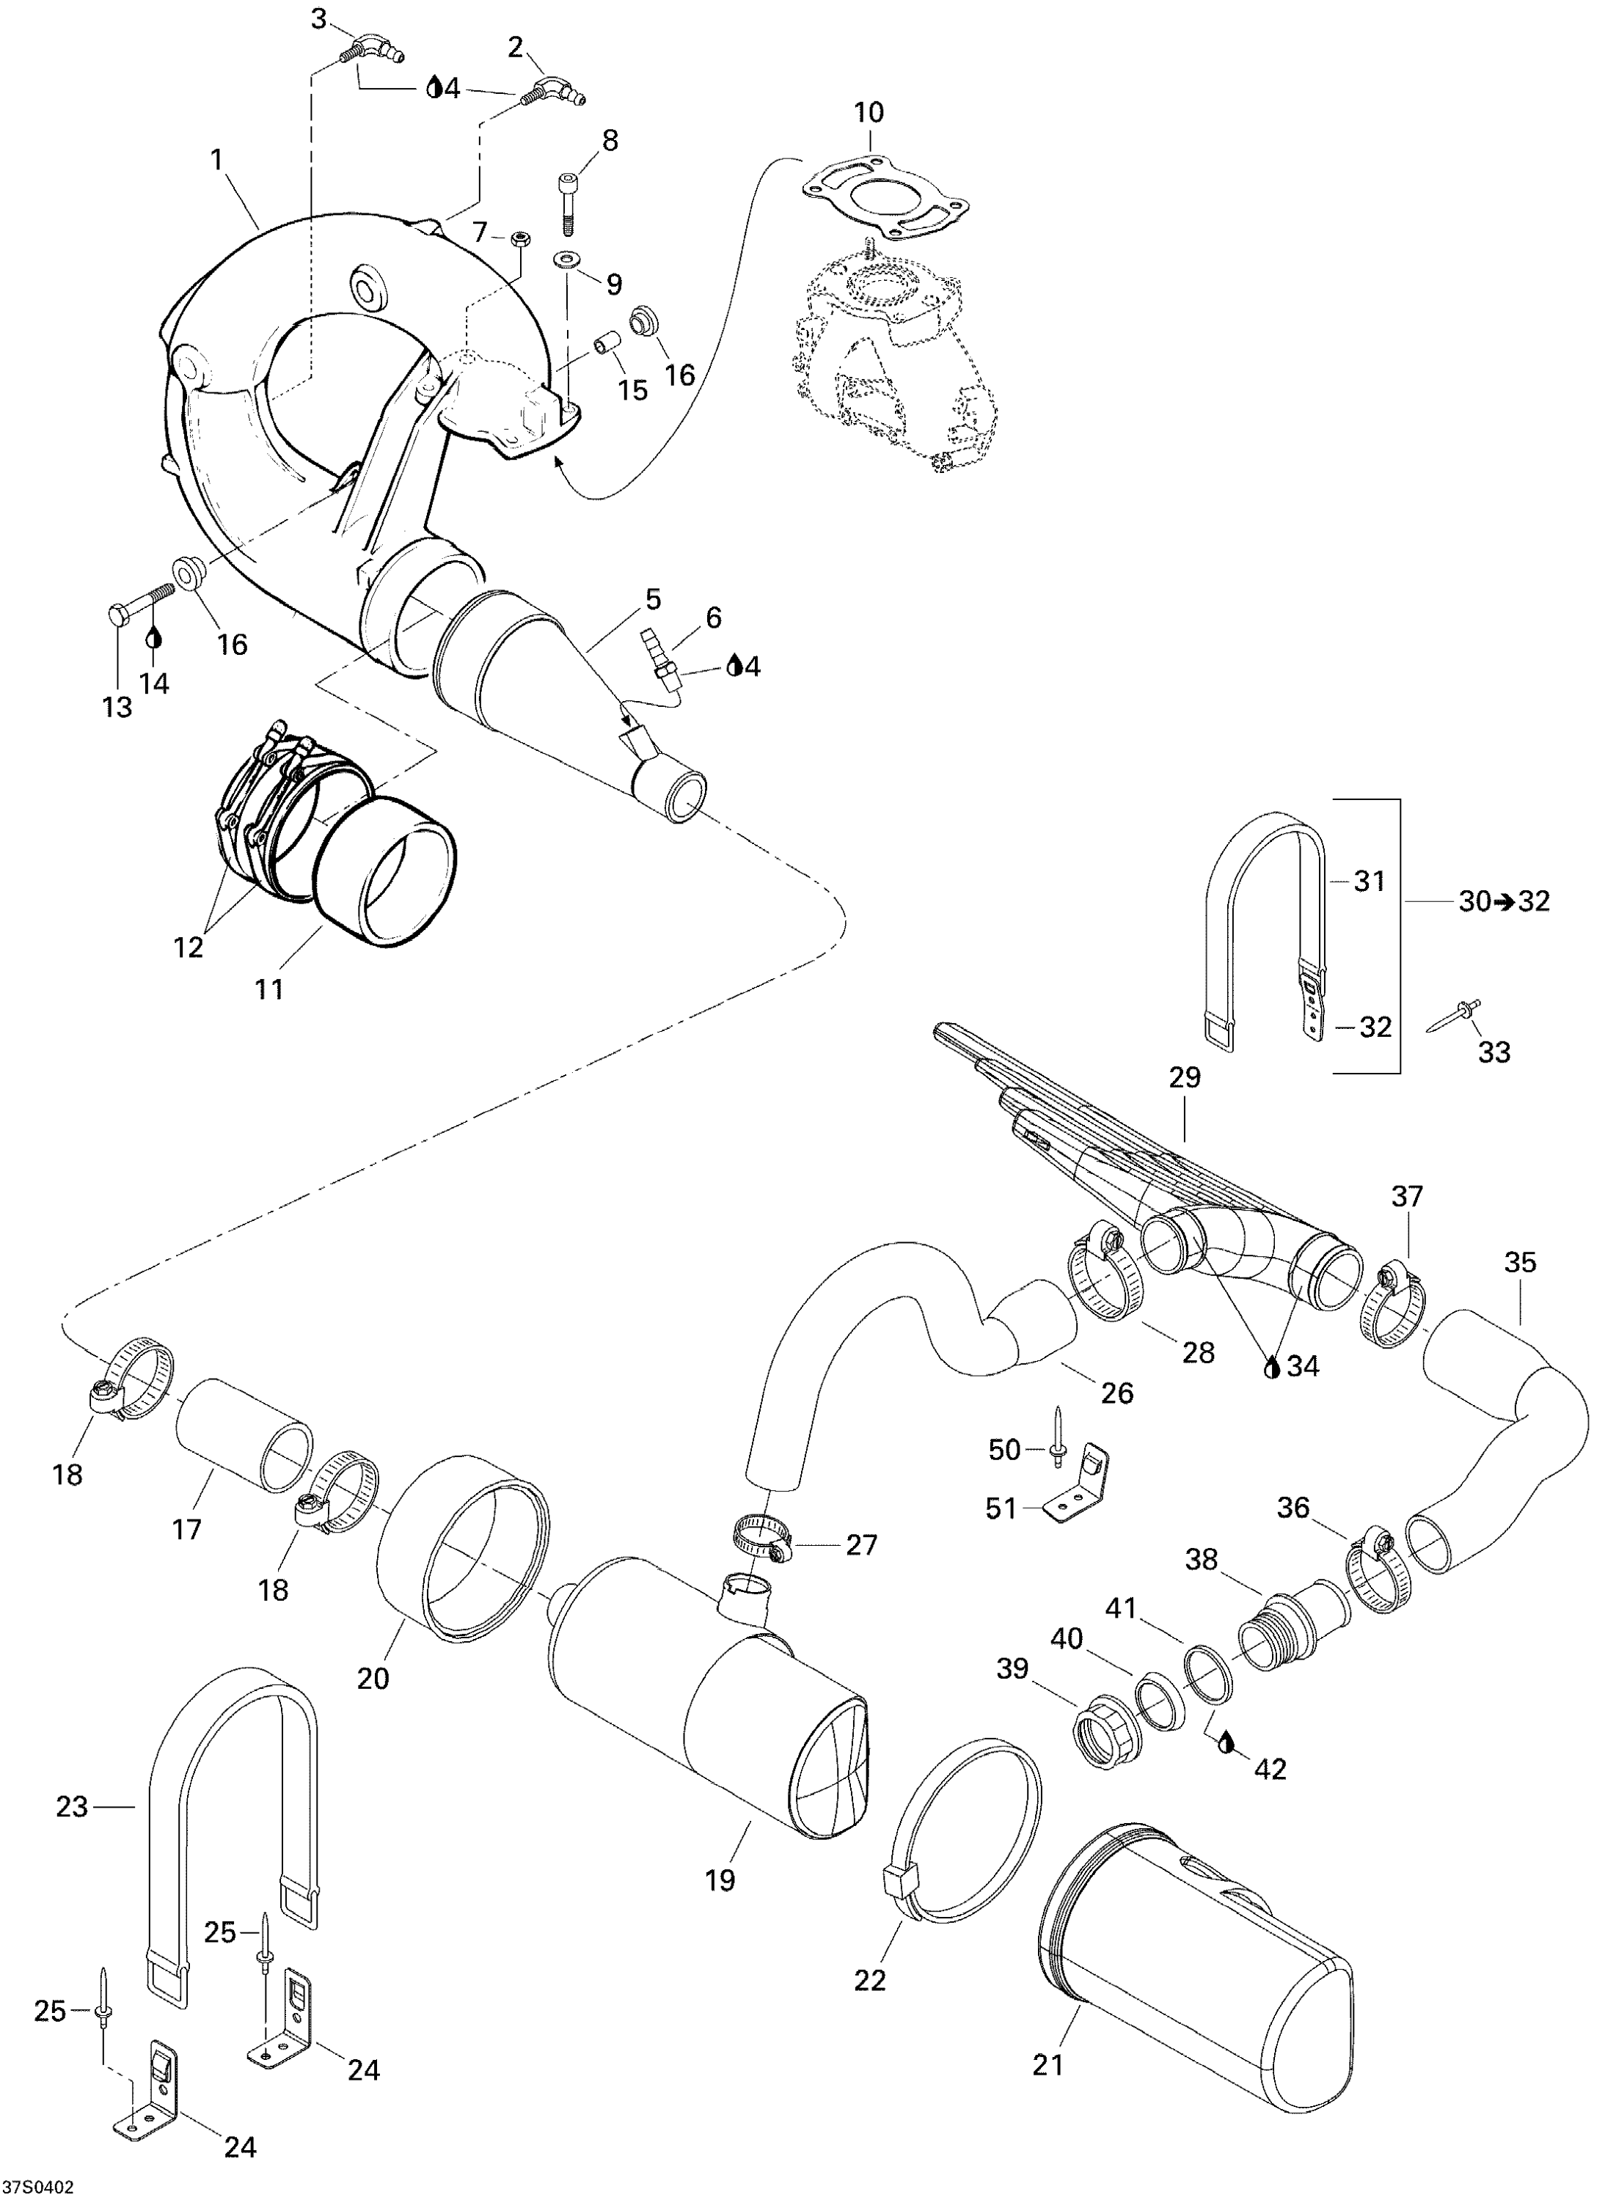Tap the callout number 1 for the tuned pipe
click(x=216, y=158)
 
